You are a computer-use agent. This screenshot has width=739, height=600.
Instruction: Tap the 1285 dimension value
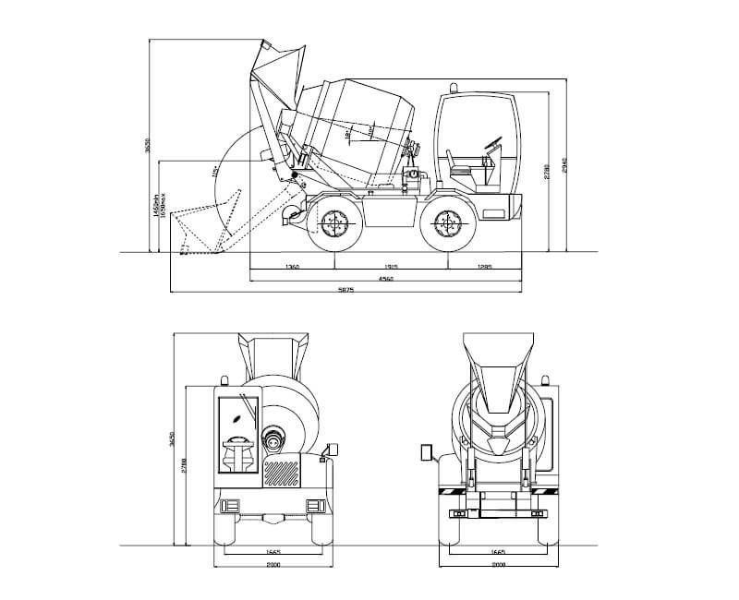484,267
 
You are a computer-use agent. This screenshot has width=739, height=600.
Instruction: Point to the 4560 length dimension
386,279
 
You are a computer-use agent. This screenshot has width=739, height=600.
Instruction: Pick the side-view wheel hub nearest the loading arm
331,222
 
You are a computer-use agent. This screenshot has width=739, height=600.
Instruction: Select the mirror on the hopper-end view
426,452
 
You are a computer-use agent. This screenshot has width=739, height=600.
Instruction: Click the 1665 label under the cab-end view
273,551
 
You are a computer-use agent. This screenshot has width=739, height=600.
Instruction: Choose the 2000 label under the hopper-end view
499,563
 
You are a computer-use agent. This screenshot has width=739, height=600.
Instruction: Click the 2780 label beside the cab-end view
185,467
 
